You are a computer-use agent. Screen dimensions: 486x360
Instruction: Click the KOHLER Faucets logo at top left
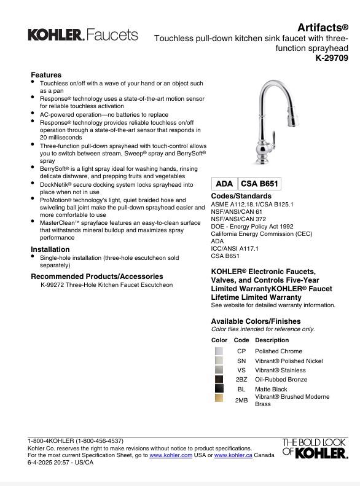point(83,35)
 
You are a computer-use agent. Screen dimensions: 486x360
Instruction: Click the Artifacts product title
point(323,28)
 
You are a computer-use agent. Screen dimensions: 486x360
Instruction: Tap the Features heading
point(46,75)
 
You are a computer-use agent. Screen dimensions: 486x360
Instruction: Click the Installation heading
point(50,249)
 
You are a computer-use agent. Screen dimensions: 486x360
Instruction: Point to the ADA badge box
point(224,184)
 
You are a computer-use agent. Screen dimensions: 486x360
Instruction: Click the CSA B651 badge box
point(260,184)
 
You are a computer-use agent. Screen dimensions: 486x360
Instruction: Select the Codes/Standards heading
point(241,196)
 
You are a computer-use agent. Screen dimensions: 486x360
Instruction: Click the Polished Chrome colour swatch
point(219,351)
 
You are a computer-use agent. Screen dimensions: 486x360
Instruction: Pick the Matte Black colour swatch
point(219,389)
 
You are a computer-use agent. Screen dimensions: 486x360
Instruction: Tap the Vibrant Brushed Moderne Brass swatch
point(219,399)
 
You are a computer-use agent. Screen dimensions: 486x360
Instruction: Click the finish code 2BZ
point(241,380)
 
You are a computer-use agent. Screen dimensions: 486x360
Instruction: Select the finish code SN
point(241,361)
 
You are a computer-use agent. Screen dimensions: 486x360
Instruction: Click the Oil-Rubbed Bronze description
point(281,380)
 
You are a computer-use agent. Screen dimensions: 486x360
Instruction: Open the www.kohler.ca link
point(233,455)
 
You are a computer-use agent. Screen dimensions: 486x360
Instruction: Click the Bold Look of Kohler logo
point(315,449)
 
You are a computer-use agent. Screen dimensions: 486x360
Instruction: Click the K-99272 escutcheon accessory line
point(106,285)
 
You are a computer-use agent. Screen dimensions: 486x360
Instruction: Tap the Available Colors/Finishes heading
point(256,321)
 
